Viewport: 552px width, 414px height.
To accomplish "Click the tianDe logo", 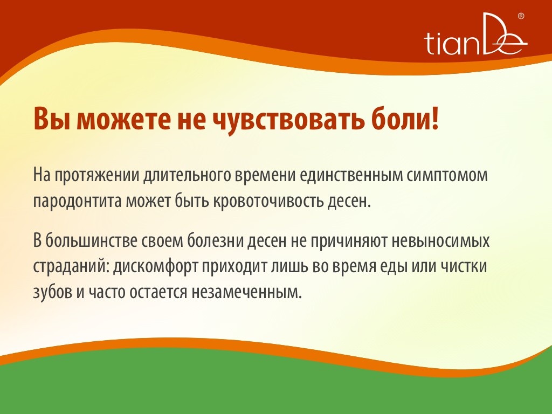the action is [x=475, y=34].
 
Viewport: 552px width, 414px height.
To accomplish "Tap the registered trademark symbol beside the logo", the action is [x=521, y=16].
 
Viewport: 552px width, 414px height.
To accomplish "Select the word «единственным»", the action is [x=351, y=175].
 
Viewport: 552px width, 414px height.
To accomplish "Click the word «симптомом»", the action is [x=447, y=176].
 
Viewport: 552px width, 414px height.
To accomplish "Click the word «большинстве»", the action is [x=91, y=241].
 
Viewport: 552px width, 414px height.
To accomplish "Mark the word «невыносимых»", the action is [x=440, y=241].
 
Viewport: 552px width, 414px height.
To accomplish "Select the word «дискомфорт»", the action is [x=155, y=266].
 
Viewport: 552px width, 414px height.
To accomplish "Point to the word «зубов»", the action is [x=52, y=292].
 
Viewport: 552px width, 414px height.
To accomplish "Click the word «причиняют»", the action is [x=349, y=241].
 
